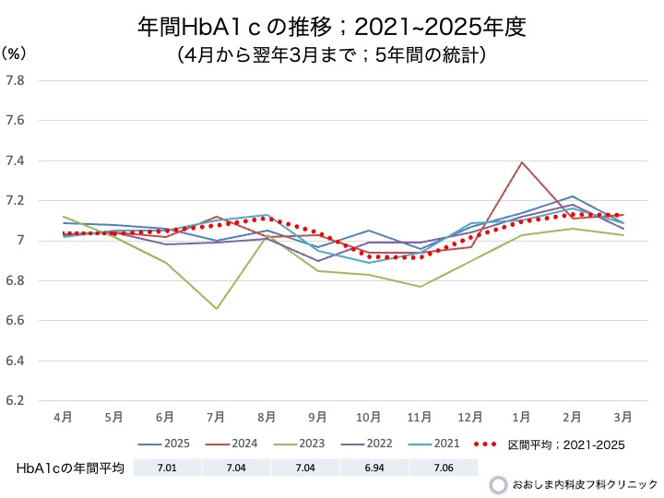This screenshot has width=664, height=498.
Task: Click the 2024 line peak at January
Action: click(x=523, y=162)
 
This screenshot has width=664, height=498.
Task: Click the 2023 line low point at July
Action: click(x=217, y=309)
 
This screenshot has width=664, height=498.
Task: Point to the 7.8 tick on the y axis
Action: click(x=15, y=80)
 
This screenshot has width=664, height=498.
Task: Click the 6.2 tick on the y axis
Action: click(x=15, y=401)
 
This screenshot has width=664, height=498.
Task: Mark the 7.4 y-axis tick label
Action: click(x=15, y=160)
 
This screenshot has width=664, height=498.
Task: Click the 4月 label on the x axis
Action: click(x=64, y=418)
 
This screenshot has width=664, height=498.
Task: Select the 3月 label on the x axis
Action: click(x=623, y=418)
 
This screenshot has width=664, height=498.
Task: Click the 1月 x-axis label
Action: click(x=522, y=418)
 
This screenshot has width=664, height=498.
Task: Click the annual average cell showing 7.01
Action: click(x=168, y=468)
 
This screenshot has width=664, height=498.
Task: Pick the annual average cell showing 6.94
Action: click(x=373, y=468)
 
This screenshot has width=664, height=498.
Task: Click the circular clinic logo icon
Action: click(x=498, y=484)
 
